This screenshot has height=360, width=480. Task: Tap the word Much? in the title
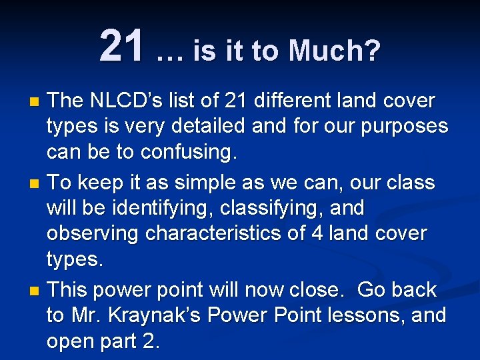336,50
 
